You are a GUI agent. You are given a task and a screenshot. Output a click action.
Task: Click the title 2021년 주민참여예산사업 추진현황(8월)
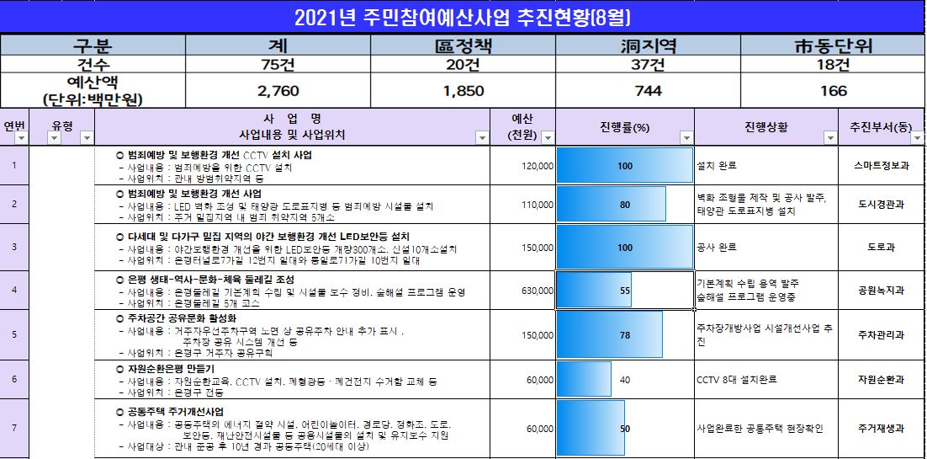(x=463, y=17)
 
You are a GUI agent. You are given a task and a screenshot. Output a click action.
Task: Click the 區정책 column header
(x=463, y=45)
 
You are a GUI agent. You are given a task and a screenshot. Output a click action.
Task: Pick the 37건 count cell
(x=648, y=64)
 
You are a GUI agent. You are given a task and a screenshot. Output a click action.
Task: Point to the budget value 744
(x=648, y=91)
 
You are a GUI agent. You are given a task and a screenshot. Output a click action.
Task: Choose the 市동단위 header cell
(x=833, y=45)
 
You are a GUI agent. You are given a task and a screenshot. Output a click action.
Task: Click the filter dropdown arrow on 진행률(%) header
(x=686, y=138)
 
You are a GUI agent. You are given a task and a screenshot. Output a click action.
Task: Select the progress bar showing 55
(x=594, y=290)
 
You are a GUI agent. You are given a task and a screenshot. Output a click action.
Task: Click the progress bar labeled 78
(x=609, y=334)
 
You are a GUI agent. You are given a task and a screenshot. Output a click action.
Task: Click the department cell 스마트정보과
(x=881, y=166)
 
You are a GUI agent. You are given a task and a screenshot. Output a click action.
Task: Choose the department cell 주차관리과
(x=881, y=334)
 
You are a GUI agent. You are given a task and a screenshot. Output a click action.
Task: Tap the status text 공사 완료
(x=717, y=248)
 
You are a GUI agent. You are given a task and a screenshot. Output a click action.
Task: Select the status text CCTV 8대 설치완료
(x=737, y=380)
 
